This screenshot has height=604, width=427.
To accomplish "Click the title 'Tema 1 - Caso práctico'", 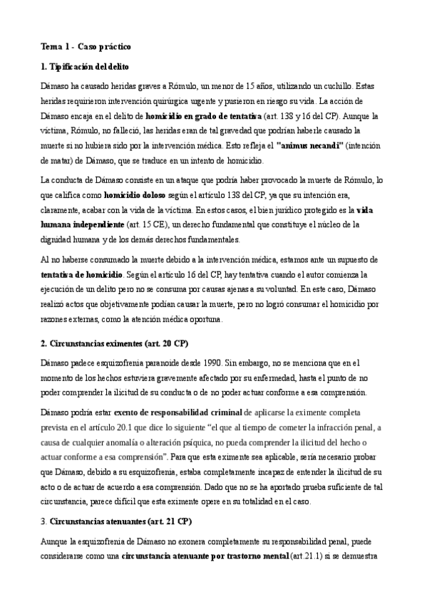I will point(86,47).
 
